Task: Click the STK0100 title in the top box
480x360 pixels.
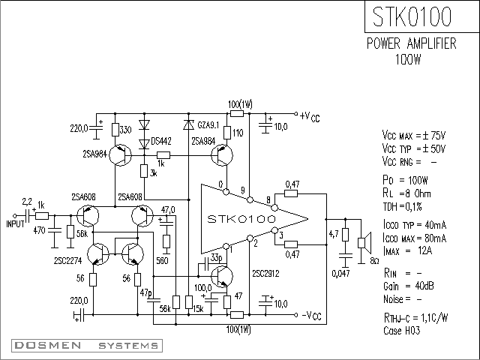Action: point(412,16)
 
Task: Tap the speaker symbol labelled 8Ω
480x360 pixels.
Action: point(364,242)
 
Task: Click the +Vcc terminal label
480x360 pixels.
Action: point(310,116)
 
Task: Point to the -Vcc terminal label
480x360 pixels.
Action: point(312,315)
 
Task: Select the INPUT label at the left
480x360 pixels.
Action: point(15,223)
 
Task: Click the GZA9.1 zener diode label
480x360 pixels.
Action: point(208,125)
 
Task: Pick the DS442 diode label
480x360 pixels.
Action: point(161,142)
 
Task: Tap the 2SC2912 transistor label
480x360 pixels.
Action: point(265,273)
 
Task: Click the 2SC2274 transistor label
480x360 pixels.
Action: point(68,260)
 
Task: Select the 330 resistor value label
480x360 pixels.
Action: point(125,130)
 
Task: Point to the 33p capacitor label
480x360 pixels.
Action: point(216,258)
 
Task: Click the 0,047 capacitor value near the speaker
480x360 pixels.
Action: point(340,273)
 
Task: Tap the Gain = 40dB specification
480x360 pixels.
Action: point(408,286)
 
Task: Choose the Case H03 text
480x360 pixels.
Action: point(402,331)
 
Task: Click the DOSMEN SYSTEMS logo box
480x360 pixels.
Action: point(87,346)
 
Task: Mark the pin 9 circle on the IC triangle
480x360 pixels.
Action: point(250,200)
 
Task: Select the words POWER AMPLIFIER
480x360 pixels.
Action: point(412,43)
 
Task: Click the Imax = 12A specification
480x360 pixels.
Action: point(407,251)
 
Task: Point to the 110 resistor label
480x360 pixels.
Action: point(238,133)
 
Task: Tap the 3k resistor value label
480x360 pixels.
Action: point(154,173)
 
